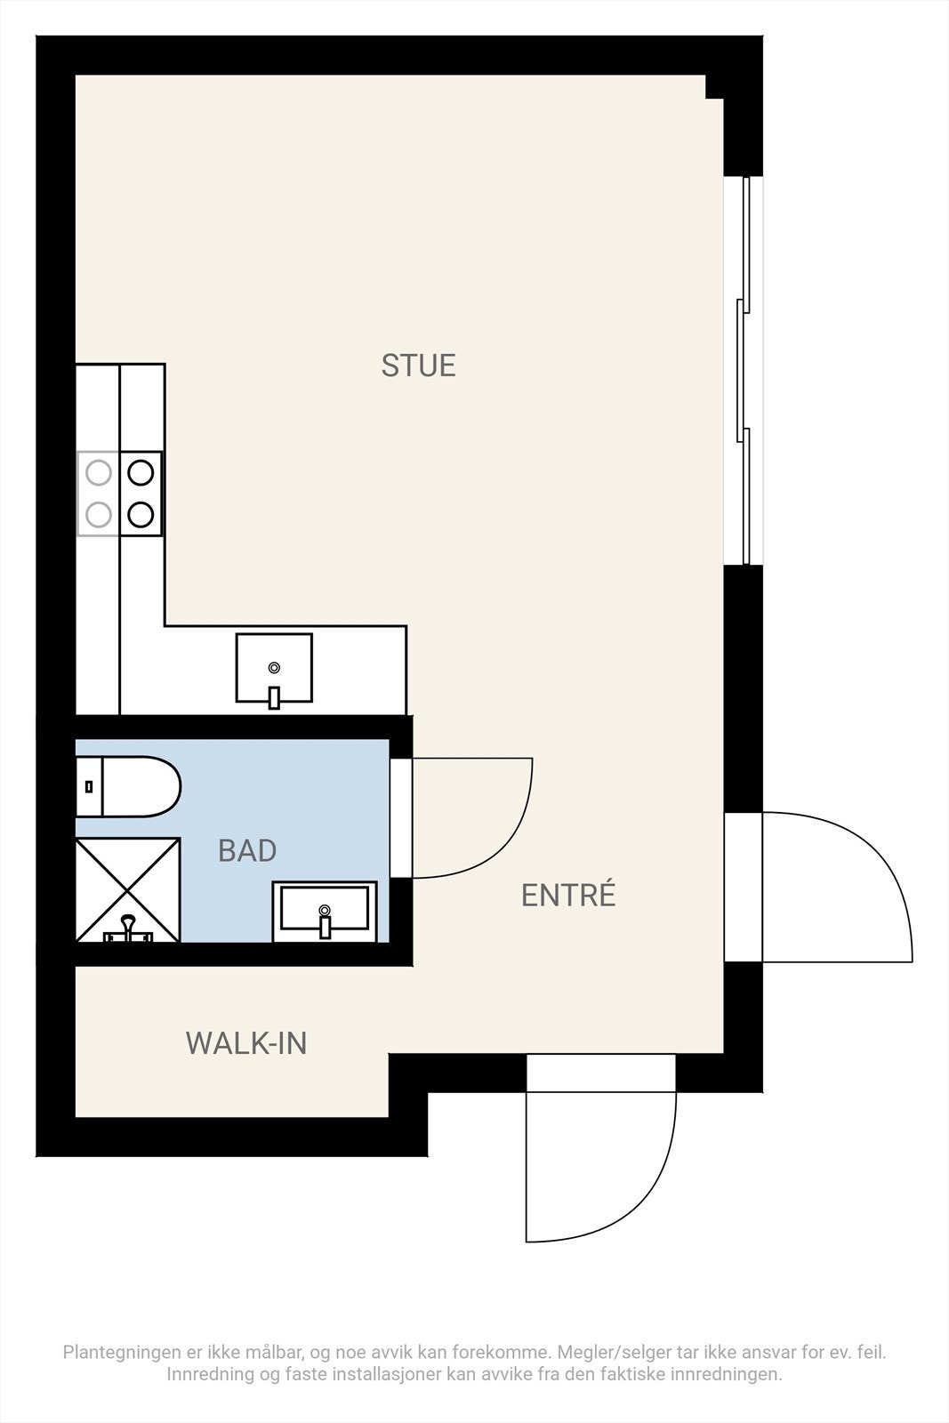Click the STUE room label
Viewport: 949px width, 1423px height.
418,366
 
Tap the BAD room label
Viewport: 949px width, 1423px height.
247,851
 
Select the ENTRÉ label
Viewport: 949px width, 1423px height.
567,896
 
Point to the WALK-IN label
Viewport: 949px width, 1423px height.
246,1043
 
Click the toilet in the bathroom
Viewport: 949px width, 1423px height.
133,786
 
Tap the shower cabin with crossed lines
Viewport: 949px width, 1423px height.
127,889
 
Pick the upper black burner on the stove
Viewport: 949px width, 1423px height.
141,472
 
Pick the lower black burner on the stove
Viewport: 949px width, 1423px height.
141,513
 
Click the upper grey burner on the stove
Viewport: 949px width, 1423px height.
98,472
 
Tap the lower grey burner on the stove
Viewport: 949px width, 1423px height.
98,513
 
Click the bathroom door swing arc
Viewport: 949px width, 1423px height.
498,827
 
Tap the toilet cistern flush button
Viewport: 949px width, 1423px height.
88,786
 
